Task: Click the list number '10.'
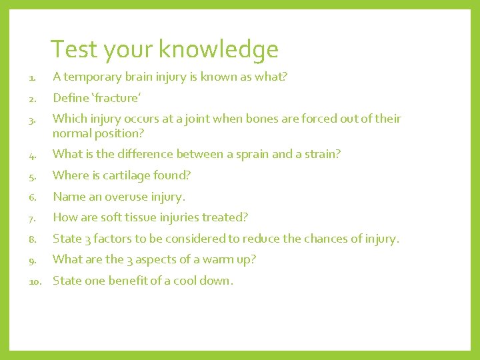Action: click(x=36, y=281)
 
